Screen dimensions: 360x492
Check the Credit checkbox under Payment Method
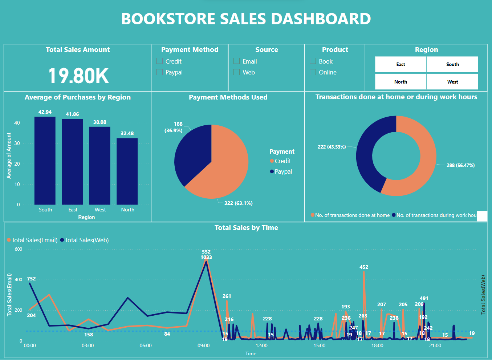pos(159,61)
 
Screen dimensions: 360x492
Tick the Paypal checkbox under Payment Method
pos(159,72)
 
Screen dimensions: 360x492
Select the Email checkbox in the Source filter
pos(237,61)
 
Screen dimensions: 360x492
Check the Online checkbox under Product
pos(313,72)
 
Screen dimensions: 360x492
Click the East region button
pos(400,64)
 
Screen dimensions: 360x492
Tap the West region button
pos(452,82)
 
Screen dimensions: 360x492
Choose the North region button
pos(400,82)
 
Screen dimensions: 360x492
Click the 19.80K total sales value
pos(78,76)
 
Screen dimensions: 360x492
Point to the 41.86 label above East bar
pos(72,114)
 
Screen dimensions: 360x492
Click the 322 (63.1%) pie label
pos(238,203)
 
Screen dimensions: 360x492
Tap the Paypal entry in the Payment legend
pos(283,171)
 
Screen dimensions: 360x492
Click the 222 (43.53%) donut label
pos(332,147)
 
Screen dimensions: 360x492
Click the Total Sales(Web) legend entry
pos(86,240)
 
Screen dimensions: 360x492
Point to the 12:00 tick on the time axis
pos(261,345)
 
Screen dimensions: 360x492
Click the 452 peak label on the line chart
pos(364,267)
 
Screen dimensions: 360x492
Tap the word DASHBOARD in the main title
pos(321,19)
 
